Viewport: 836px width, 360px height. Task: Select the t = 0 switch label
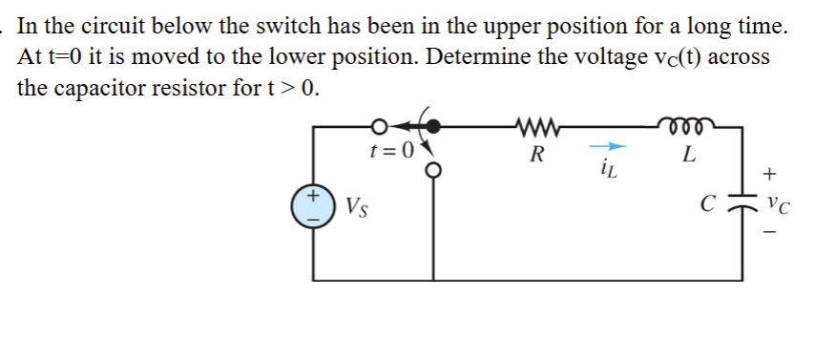point(393,149)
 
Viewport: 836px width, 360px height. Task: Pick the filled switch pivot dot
point(436,125)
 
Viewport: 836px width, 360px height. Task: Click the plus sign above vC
point(772,174)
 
